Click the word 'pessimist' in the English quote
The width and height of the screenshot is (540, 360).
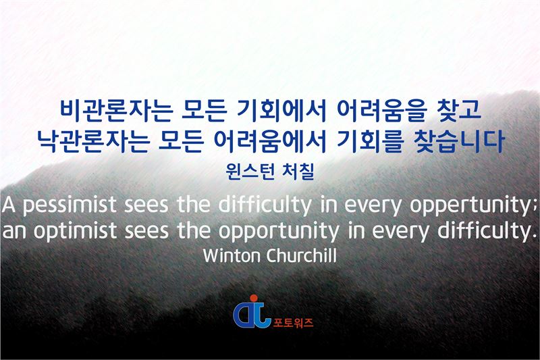(x=70, y=205)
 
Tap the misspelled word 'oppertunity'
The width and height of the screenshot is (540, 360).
(x=470, y=205)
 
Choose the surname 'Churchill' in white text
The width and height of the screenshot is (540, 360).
(x=301, y=255)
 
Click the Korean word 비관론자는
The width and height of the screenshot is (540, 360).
(x=116, y=111)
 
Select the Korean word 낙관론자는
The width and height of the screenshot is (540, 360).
(x=93, y=140)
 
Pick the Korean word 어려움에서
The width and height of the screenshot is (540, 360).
(x=269, y=140)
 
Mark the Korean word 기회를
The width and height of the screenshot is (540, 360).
(x=369, y=140)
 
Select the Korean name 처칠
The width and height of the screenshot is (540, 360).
(x=298, y=171)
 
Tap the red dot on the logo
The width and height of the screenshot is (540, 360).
(x=254, y=299)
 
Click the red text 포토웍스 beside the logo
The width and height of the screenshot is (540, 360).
(x=293, y=322)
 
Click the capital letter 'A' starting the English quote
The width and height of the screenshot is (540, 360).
(x=8, y=205)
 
